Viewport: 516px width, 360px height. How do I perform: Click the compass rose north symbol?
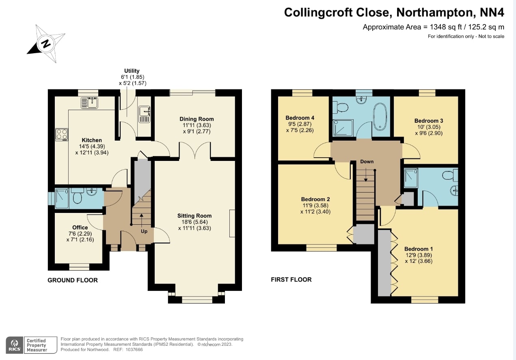point(46,43)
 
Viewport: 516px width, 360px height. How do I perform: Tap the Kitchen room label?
point(92,140)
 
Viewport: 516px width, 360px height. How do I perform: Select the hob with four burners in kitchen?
point(62,134)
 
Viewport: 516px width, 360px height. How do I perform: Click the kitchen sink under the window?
point(90,103)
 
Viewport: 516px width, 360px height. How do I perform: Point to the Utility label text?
point(132,71)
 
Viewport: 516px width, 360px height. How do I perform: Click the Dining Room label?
point(196,119)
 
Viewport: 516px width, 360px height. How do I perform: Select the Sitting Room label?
point(194,216)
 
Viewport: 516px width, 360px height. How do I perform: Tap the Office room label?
point(80,228)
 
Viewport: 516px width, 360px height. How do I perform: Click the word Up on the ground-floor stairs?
point(144,232)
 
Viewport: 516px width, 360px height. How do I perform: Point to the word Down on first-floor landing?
point(367,162)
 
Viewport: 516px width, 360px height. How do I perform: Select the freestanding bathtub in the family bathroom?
point(380,116)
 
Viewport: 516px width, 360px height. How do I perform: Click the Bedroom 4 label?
point(300,118)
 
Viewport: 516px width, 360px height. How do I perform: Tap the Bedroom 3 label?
point(428,121)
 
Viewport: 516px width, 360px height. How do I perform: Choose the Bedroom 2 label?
point(315,200)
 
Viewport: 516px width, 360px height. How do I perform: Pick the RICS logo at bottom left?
point(14,345)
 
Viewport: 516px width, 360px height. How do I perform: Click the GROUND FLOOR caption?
point(73,280)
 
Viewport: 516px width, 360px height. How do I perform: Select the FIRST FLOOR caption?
point(291,280)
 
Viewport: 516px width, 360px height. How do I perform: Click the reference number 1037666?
point(134,349)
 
